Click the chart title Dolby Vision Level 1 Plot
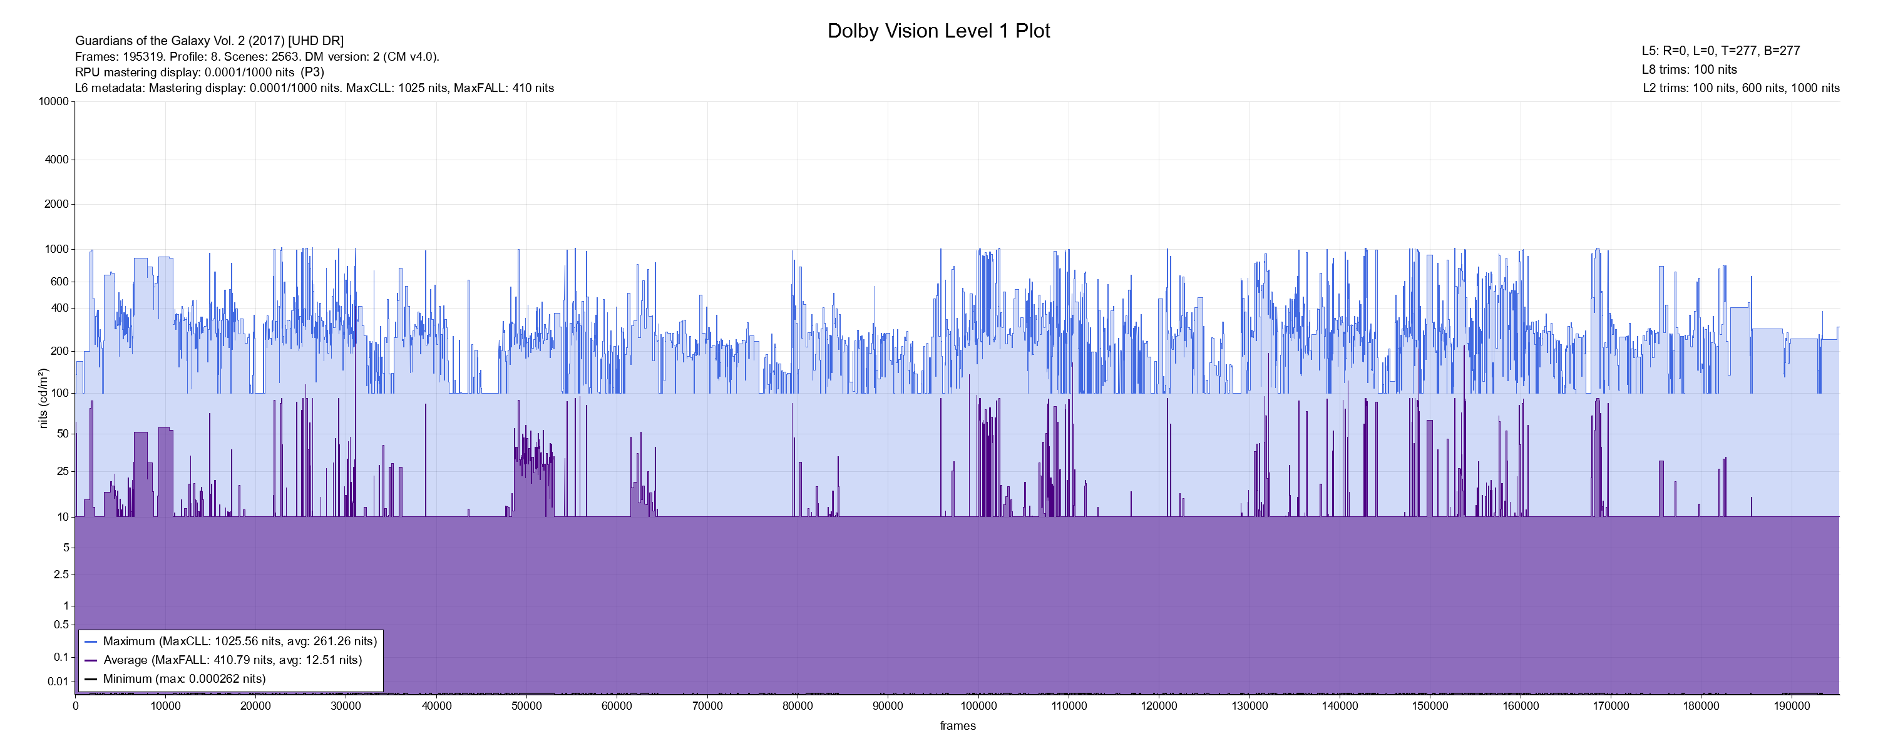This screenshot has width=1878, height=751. click(938, 31)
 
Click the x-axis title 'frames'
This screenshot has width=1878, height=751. click(957, 725)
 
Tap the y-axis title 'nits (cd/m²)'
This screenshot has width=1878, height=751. click(43, 398)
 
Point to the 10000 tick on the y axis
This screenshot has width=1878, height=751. click(53, 101)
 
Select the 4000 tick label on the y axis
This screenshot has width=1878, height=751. click(56, 160)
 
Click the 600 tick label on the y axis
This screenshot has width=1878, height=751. click(59, 282)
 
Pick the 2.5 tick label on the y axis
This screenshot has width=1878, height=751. click(61, 575)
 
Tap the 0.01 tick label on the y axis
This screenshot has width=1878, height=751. click(58, 682)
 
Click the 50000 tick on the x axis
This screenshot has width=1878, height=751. click(526, 706)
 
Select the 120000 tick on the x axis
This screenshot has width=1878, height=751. click(1159, 706)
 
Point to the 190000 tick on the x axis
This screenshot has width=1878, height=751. click(1791, 706)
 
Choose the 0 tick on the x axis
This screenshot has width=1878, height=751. click(75, 706)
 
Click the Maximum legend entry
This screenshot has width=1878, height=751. click(240, 641)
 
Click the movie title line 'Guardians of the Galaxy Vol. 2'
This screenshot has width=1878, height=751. click(209, 41)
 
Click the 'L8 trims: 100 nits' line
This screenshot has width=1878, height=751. click(1689, 70)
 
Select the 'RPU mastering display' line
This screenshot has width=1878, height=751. click(199, 72)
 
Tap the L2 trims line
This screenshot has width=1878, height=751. click(1741, 88)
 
